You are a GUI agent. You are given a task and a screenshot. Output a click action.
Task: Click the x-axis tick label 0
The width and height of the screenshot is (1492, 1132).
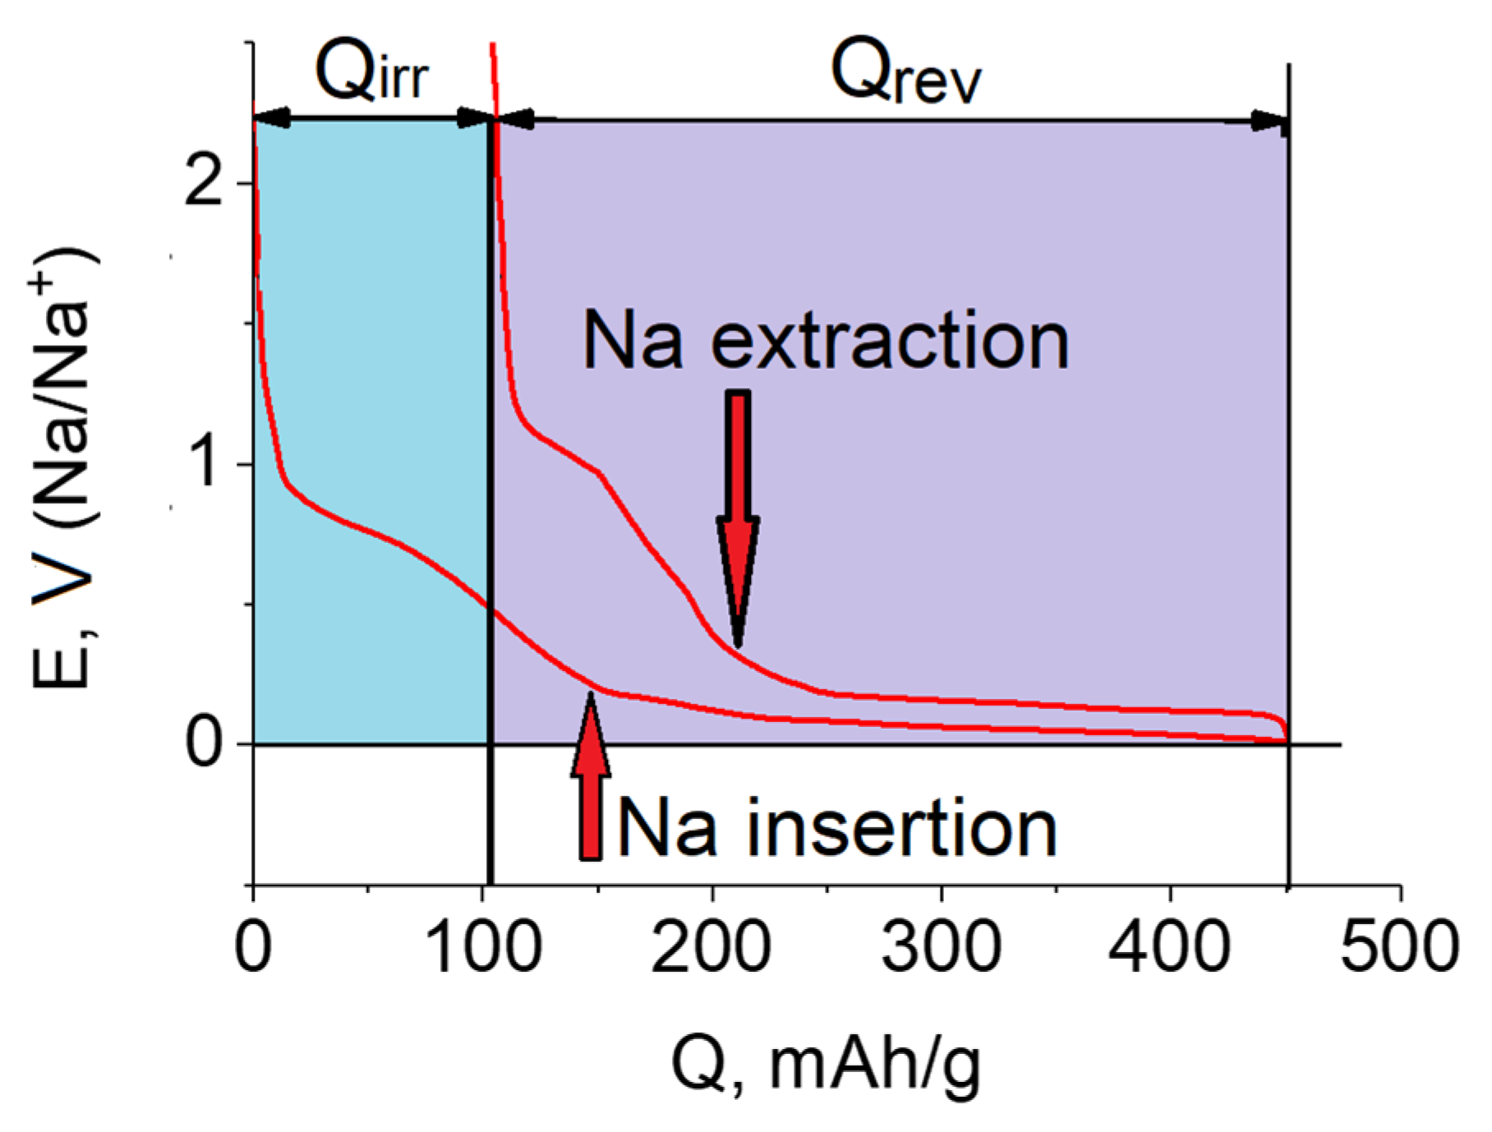(252, 947)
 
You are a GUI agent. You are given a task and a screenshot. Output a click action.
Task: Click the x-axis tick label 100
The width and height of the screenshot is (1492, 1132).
(484, 947)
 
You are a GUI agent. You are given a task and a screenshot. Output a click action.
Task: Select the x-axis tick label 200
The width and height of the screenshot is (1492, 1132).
(711, 947)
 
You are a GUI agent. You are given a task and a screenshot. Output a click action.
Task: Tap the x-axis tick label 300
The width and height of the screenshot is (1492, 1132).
(942, 947)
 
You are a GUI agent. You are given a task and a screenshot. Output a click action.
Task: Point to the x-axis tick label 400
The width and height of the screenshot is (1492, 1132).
(1170, 947)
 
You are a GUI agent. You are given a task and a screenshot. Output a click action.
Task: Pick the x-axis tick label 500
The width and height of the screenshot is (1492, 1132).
(1399, 947)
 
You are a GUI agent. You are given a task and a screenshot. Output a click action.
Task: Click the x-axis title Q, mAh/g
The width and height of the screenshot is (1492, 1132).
(825, 1066)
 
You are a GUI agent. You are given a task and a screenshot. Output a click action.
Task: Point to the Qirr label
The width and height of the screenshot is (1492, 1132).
(371, 72)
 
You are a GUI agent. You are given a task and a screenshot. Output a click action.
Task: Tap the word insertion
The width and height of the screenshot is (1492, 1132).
(901, 829)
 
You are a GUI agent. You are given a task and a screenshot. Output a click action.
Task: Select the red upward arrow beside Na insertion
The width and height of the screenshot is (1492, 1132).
(591, 780)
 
